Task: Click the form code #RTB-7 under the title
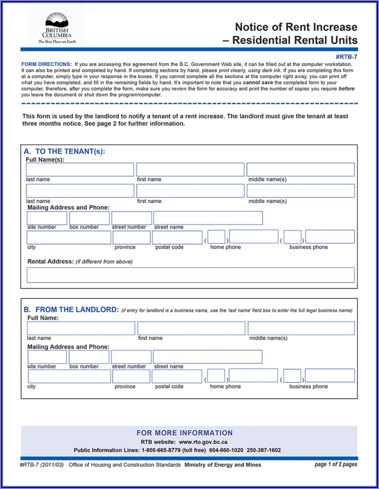tap(347, 56)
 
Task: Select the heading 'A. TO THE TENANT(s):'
tap(64, 151)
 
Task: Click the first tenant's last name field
tap(80, 169)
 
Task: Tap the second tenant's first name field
tap(190, 191)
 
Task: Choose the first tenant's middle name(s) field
tap(300, 169)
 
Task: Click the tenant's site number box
tap(47, 218)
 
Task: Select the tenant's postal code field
tap(177, 238)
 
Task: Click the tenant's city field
tap(69, 238)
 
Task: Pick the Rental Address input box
tap(190, 275)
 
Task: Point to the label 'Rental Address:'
tap(50, 262)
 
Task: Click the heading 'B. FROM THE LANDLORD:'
tap(71, 309)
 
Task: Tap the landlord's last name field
tap(81, 328)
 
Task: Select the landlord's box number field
tap(89, 357)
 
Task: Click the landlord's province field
tap(131, 376)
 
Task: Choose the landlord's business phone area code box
tap(292, 376)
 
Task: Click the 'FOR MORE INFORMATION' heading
tap(185, 433)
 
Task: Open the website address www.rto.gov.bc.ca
tap(203, 442)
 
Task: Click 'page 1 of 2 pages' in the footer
tap(336, 464)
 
